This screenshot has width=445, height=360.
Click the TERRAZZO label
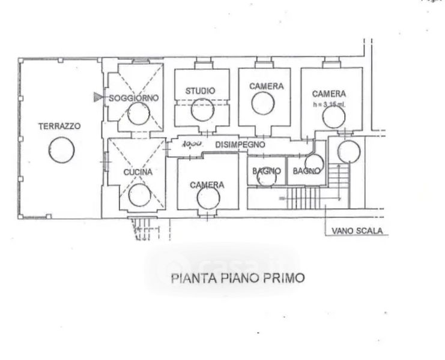(x=59, y=126)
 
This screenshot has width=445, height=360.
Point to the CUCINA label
(x=138, y=172)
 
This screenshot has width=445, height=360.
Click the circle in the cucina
(x=141, y=194)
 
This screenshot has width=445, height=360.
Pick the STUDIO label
(x=200, y=91)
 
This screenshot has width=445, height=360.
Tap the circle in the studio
(x=201, y=108)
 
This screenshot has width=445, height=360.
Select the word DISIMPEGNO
(x=240, y=145)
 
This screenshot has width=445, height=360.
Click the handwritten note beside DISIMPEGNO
(x=191, y=145)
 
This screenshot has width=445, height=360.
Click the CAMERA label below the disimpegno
(x=207, y=185)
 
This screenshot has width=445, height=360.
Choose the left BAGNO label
(x=266, y=171)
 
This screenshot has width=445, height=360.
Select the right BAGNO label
(x=306, y=171)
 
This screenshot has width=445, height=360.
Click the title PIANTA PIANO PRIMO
(x=238, y=278)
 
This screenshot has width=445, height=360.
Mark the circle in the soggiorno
(x=139, y=113)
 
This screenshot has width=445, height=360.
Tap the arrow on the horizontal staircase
(x=280, y=196)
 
